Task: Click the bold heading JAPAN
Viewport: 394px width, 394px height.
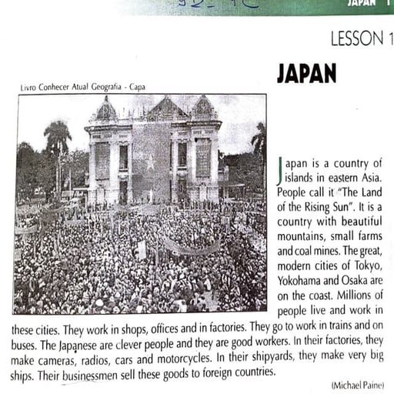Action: pyautogui.click(x=306, y=73)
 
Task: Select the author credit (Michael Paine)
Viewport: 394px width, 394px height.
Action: pyautogui.click(x=357, y=384)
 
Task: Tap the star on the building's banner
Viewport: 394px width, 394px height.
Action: pyautogui.click(x=150, y=163)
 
